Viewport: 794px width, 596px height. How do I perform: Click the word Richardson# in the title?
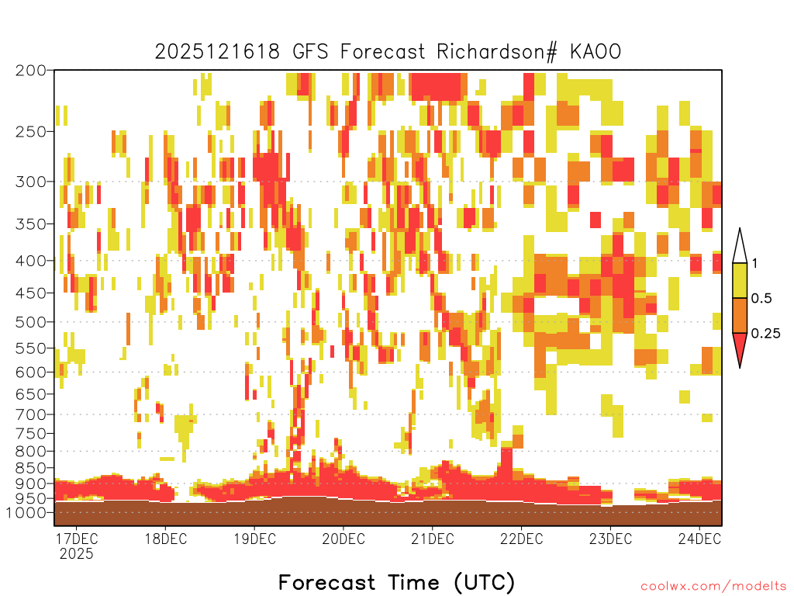(x=497, y=52)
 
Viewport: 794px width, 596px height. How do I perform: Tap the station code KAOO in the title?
(x=595, y=52)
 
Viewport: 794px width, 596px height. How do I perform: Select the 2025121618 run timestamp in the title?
(x=217, y=52)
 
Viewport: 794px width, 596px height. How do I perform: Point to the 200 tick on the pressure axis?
(x=31, y=71)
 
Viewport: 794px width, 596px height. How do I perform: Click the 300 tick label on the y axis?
(x=31, y=182)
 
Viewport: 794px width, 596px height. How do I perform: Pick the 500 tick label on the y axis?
(x=31, y=322)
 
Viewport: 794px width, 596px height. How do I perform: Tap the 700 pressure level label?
(x=31, y=414)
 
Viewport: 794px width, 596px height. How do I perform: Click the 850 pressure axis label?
(x=31, y=468)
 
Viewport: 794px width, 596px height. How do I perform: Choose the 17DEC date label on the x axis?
(x=77, y=539)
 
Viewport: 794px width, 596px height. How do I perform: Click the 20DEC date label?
(x=343, y=539)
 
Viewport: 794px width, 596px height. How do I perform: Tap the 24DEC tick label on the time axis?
(x=699, y=539)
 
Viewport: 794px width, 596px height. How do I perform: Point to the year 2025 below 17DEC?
(x=77, y=554)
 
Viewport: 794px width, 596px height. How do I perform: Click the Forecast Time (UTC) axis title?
(x=396, y=582)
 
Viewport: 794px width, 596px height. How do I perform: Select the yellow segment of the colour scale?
(x=740, y=280)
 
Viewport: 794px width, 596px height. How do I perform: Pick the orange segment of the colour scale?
(x=740, y=315)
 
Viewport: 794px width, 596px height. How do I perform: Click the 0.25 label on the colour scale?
(x=765, y=333)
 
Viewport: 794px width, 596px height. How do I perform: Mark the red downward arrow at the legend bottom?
(x=740, y=348)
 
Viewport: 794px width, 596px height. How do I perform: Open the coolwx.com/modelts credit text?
(x=713, y=587)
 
